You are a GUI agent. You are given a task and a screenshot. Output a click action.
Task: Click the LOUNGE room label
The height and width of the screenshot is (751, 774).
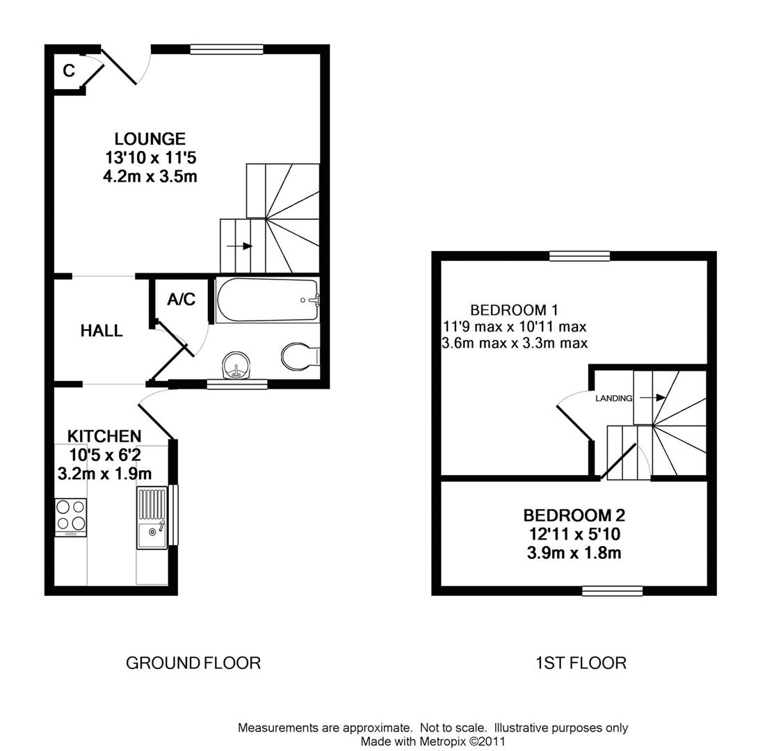pyautogui.click(x=150, y=139)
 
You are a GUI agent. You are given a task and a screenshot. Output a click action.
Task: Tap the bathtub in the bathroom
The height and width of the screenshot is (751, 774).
pyautogui.click(x=267, y=300)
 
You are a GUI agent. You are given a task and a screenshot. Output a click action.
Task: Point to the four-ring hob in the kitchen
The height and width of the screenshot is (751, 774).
pyautogui.click(x=71, y=516)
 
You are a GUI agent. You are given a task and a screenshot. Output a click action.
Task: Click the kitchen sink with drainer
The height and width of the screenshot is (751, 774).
pyautogui.click(x=152, y=517)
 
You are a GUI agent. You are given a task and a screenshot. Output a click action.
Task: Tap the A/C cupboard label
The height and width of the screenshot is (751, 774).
pyautogui.click(x=181, y=300)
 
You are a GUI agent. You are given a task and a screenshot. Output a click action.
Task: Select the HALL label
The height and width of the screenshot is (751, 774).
pyautogui.click(x=102, y=331)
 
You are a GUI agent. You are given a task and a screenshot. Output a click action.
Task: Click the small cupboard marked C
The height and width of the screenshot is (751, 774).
pyautogui.click(x=68, y=71)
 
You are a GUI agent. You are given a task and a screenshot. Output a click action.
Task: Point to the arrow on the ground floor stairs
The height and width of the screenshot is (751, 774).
pyautogui.click(x=243, y=246)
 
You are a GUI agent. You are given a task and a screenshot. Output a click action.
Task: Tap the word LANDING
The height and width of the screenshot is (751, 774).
pyautogui.click(x=613, y=398)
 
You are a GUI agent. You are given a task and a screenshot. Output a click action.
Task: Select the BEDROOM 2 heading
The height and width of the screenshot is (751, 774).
pyautogui.click(x=574, y=515)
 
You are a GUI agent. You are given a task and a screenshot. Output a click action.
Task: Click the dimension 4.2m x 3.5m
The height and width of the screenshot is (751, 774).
pyautogui.click(x=150, y=177)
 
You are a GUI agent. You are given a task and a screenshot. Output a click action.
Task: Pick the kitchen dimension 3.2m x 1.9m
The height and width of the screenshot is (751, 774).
pyautogui.click(x=104, y=474)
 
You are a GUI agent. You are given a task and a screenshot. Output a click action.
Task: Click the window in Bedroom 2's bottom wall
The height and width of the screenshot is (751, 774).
pyautogui.click(x=612, y=591)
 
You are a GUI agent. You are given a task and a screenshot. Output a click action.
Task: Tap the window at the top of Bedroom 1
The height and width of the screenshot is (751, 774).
pyautogui.click(x=579, y=256)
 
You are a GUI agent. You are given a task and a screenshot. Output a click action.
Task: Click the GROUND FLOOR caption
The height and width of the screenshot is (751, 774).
pyautogui.click(x=193, y=663)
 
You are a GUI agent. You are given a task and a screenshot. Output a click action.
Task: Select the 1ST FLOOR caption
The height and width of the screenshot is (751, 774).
pyautogui.click(x=581, y=663)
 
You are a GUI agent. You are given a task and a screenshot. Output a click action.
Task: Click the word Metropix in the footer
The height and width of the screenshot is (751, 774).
pyautogui.click(x=442, y=741)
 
